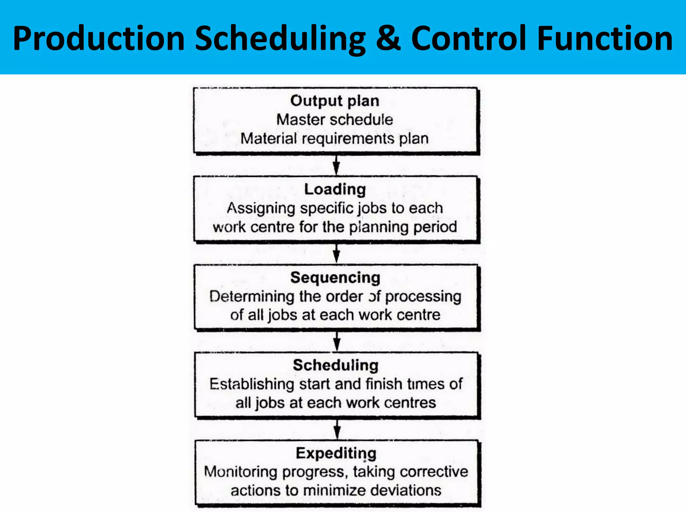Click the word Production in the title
(99, 38)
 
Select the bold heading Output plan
(335, 101)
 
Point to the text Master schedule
(335, 120)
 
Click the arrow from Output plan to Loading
(336, 165)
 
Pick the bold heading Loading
(335, 189)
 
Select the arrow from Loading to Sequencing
(337, 254)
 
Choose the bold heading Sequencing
(335, 278)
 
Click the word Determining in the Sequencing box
(252, 296)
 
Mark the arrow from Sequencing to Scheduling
(337, 342)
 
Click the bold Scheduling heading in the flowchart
(336, 365)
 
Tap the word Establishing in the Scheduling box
(252, 384)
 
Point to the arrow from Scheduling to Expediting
(337, 429)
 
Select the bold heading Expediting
(336, 453)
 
